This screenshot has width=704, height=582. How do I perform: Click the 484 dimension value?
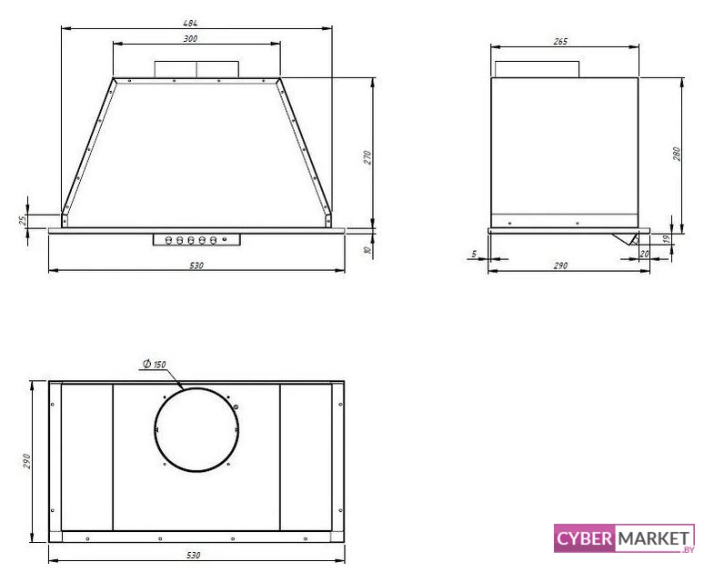[x=190, y=23]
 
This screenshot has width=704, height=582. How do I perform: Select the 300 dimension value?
[x=190, y=39]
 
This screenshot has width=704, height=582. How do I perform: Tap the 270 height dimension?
[x=367, y=157]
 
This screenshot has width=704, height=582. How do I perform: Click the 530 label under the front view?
[x=196, y=266]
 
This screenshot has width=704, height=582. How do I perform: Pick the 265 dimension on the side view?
[x=560, y=42]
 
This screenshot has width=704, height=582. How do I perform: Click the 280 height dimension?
[x=677, y=154]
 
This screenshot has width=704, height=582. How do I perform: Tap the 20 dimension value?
[x=644, y=254]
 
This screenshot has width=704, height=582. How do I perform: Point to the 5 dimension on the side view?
[x=474, y=255]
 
